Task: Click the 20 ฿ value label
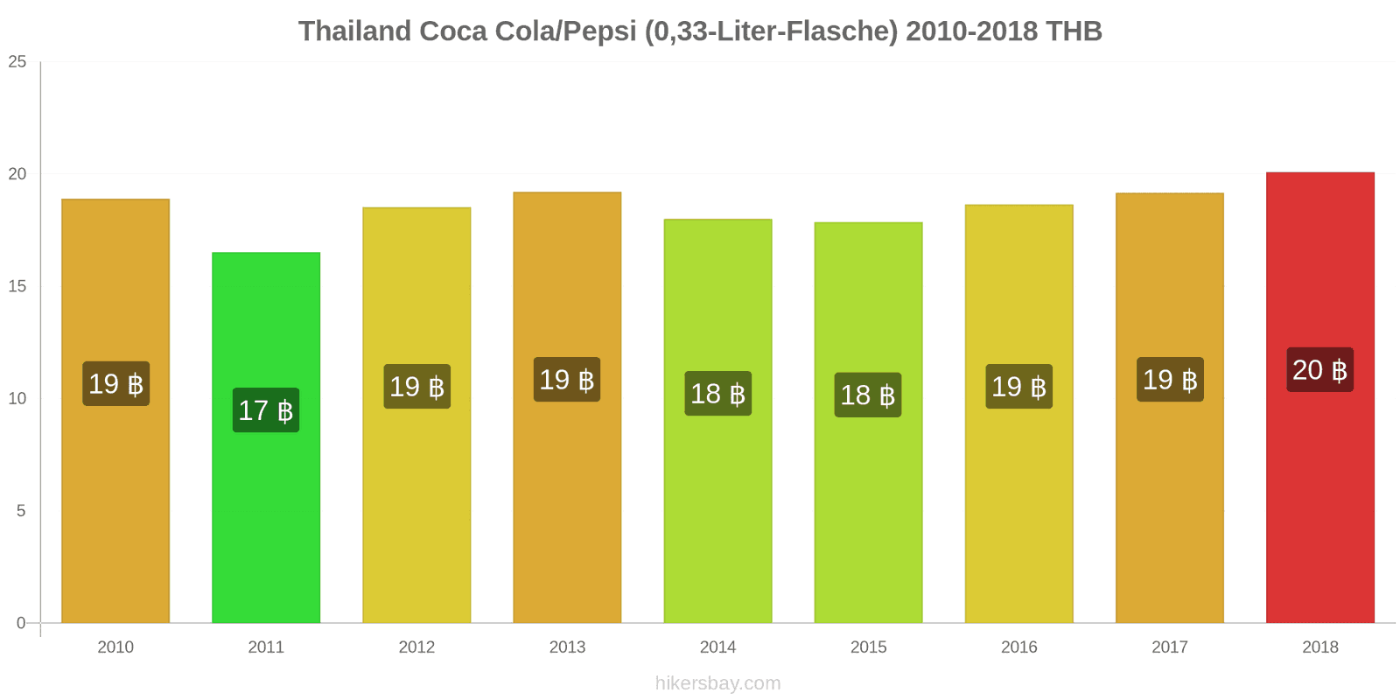coord(1319,369)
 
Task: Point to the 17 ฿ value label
coord(266,410)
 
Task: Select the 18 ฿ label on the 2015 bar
coord(868,395)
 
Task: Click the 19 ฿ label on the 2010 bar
coord(115,383)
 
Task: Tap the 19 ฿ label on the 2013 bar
coord(567,380)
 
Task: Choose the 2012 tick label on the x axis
coord(416,647)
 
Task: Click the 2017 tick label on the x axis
coord(1169,647)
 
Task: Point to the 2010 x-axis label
coord(115,647)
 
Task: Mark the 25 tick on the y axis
coord(17,61)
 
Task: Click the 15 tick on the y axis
coord(17,286)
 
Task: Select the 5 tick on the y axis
coord(21,511)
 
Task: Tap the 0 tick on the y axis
coord(21,623)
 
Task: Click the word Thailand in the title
coord(354,31)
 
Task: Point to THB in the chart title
coord(1073,31)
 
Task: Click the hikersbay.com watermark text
coord(717,683)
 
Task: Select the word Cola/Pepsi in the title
coord(564,31)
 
